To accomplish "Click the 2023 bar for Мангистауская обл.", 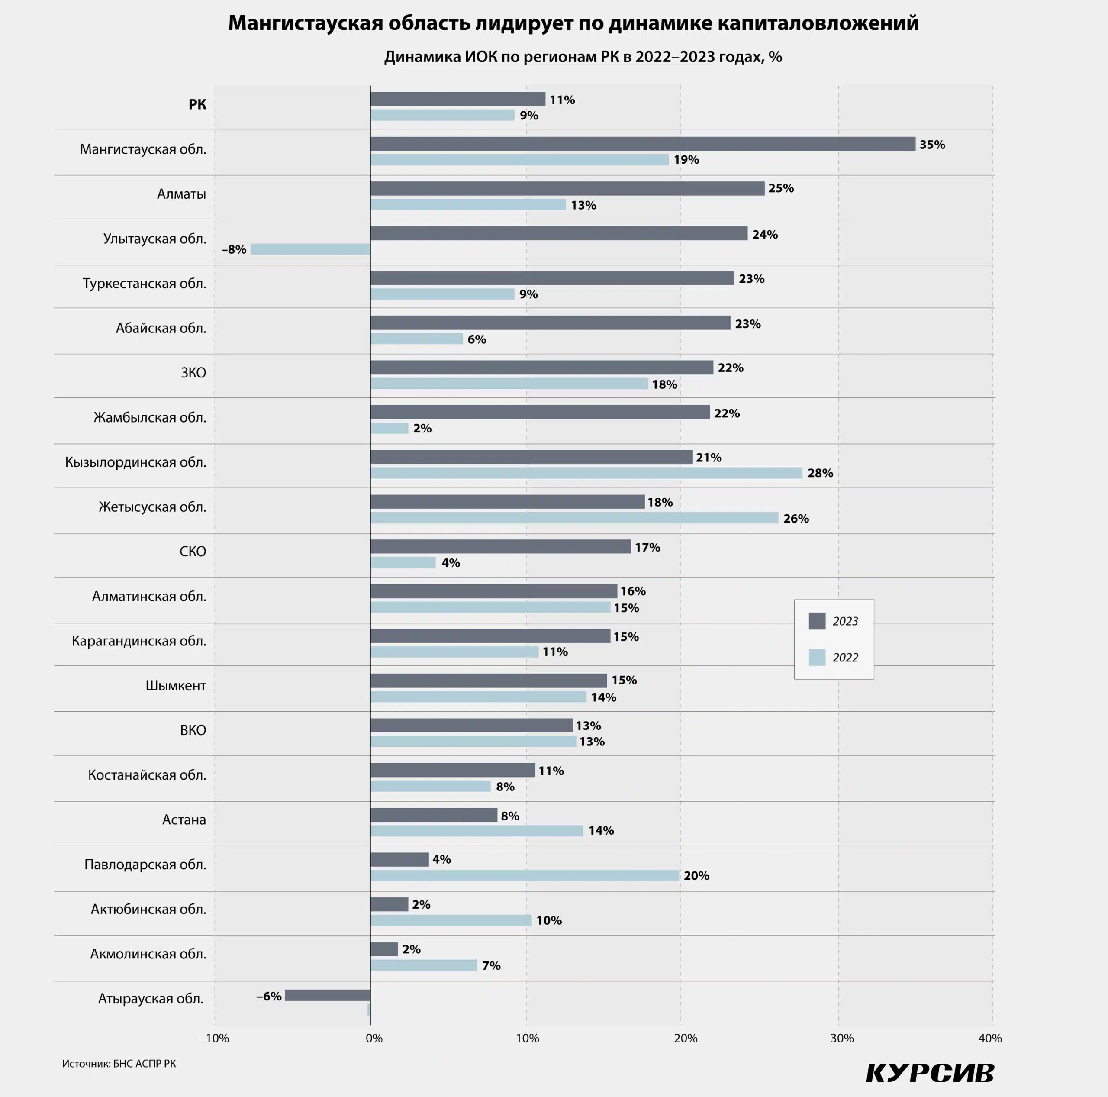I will click(x=642, y=144).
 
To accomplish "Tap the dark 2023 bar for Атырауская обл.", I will click(x=328, y=995).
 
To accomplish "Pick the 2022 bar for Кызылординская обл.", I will click(x=586, y=473).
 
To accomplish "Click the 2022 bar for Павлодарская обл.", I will click(x=524, y=875).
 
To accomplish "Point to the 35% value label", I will click(x=932, y=145).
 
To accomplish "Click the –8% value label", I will click(x=233, y=250).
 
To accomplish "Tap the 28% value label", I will click(x=820, y=473).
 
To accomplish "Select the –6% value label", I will click(x=268, y=997).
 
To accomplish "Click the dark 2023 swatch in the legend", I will click(x=817, y=621).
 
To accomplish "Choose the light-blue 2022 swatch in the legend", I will click(x=817, y=658).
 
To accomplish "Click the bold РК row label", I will click(x=197, y=104).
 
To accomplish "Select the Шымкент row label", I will click(x=175, y=686).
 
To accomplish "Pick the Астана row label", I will click(x=184, y=820).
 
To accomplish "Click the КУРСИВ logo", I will click(x=930, y=1072).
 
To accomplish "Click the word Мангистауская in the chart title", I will click(x=305, y=23).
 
